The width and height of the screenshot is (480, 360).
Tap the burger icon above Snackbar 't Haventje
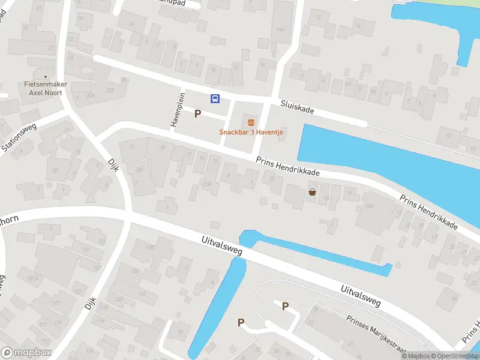[x=251, y=122]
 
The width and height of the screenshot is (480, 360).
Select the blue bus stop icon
[x=214, y=99]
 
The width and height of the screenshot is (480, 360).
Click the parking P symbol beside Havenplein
[x=197, y=113]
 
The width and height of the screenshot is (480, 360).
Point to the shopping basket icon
[x=312, y=192]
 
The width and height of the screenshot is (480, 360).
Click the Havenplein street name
[x=176, y=109]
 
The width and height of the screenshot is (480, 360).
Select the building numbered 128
[x=150, y=247]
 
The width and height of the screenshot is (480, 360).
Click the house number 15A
[x=369, y=206]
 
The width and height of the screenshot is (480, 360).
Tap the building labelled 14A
[x=280, y=29]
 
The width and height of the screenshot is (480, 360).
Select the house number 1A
[x=130, y=24]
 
